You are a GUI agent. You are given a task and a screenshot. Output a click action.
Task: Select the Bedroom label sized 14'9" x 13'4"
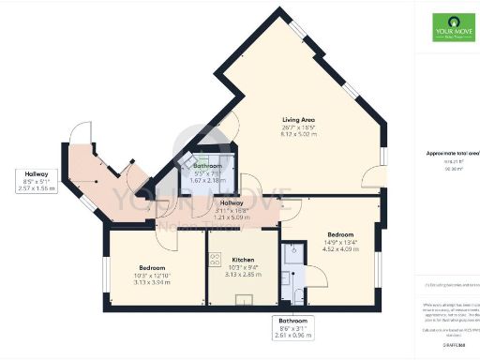click(x=339, y=233)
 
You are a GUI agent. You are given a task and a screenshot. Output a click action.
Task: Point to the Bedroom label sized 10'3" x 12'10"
click(x=152, y=267)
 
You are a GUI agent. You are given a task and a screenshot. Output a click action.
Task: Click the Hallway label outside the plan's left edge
click(x=37, y=173)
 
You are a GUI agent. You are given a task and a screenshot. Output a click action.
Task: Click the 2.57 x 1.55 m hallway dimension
click(x=37, y=188)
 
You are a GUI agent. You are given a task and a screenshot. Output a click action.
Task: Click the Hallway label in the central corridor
click(x=232, y=202)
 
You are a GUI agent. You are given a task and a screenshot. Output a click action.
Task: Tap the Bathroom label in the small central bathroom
click(x=208, y=165)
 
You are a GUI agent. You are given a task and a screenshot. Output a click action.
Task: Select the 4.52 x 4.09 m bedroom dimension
click(x=339, y=249)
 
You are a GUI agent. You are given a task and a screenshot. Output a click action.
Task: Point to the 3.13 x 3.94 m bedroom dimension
click(x=152, y=282)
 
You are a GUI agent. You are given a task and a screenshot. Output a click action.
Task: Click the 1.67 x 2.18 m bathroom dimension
click(x=208, y=180)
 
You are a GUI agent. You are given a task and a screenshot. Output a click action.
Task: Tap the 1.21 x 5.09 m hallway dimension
click(x=232, y=217)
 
